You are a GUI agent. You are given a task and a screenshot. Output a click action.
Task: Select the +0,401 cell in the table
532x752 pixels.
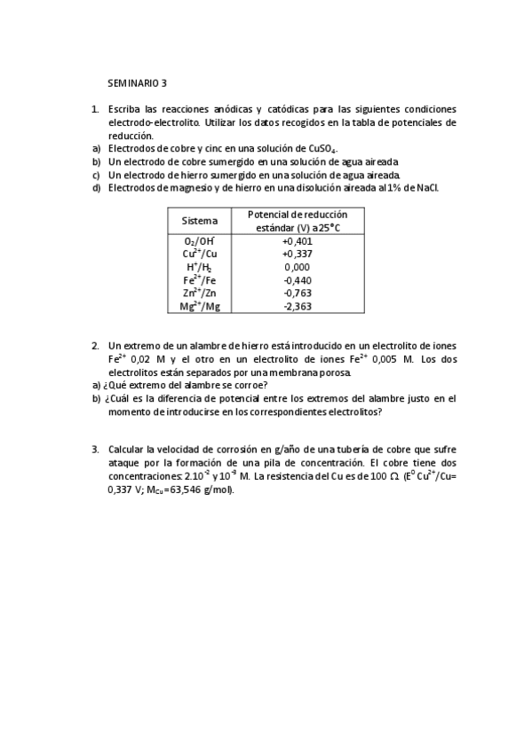click(297, 240)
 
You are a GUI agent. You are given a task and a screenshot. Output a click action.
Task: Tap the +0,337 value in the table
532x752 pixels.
click(297, 254)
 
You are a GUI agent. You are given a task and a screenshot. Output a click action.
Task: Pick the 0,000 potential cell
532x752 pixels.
click(297, 267)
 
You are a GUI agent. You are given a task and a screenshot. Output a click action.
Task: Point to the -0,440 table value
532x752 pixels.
click(297, 280)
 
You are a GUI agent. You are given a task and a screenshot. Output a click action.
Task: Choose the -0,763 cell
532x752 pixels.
click(297, 293)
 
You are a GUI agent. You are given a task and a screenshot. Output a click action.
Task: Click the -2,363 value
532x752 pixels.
click(297, 306)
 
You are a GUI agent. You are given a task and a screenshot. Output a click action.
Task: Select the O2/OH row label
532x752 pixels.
click(199, 240)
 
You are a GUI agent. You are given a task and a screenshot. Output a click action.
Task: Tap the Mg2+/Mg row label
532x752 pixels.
click(199, 306)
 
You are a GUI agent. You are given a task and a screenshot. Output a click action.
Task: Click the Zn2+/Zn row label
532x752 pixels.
click(199, 293)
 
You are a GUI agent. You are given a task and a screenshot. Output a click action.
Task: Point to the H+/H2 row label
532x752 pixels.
click(199, 267)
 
